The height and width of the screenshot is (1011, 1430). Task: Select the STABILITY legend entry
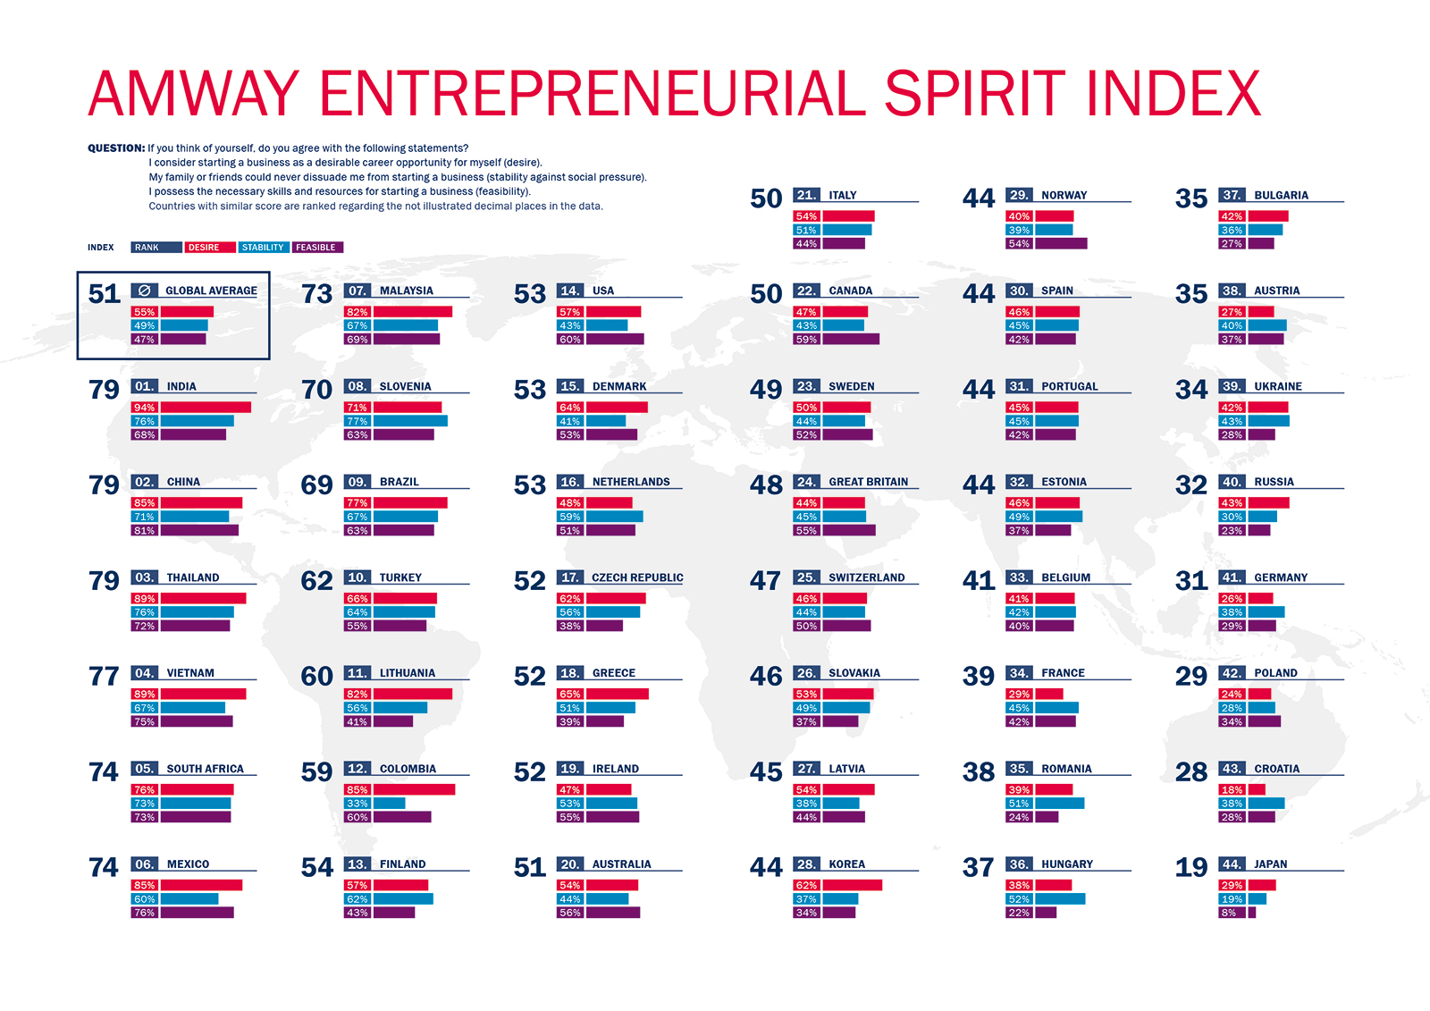tap(263, 248)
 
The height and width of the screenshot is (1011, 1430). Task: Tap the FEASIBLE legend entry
tap(316, 248)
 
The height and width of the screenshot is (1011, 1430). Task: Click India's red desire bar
tap(206, 408)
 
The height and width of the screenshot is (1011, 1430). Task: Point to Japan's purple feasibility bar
tap(1252, 913)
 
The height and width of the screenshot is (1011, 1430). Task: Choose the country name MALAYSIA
tap(406, 291)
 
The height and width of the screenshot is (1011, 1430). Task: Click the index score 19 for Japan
tap(1190, 867)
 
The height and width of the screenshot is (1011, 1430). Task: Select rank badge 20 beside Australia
tap(570, 864)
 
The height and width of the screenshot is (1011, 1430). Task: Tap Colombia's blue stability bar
tap(390, 804)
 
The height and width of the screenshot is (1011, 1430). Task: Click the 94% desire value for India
tap(144, 408)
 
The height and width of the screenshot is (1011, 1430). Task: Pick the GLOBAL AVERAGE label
tap(211, 291)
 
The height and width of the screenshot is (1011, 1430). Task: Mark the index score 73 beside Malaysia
tap(316, 294)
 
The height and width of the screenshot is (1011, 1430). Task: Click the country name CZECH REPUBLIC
tap(637, 577)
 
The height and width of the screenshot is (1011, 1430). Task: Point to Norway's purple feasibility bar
tap(1061, 243)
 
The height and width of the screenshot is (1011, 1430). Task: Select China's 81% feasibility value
tap(144, 530)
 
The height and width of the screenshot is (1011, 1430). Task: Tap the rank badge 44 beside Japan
tap(1232, 864)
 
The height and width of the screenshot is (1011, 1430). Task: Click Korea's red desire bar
tap(852, 885)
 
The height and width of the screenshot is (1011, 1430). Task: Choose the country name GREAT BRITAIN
tap(868, 482)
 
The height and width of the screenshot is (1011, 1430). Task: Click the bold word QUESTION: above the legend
tap(116, 148)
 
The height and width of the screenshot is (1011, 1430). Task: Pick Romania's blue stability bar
tap(1060, 804)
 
